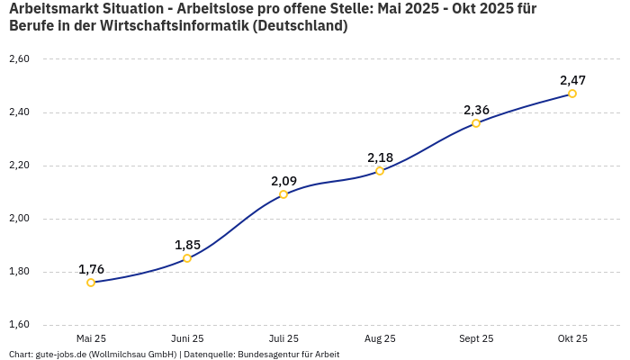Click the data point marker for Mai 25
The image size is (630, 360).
91,283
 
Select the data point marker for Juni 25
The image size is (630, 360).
187,258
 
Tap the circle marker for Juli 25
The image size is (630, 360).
283,194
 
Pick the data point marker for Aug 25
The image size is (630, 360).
380,171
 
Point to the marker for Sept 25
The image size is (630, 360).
476,123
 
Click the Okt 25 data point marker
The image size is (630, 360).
572,94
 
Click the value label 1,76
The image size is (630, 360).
91,269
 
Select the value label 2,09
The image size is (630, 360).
283,181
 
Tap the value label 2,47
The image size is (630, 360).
572,80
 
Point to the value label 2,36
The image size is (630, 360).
476,110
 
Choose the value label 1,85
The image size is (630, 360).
187,245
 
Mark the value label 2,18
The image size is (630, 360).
380,157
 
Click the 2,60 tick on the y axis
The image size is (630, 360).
19,59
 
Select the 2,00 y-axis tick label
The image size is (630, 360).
19,219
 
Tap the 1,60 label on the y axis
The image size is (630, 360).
19,325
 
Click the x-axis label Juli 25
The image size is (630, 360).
283,338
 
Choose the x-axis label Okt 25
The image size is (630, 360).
572,338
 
